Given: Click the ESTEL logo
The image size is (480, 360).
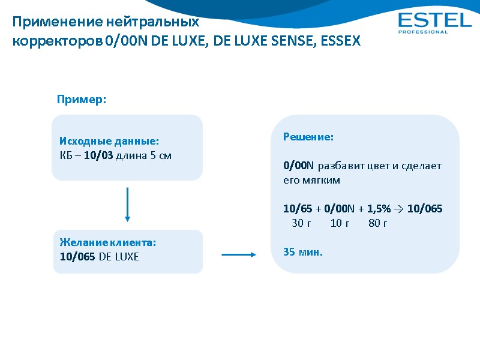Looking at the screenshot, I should [435, 20].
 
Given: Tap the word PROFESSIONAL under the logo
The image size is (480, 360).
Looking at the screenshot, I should [423, 32].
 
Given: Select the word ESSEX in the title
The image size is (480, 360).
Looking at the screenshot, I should [341, 42].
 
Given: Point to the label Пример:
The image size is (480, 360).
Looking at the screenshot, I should [82, 100].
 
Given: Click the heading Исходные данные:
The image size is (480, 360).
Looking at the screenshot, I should [109, 142].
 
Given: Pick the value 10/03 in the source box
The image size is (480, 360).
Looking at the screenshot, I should [98, 156].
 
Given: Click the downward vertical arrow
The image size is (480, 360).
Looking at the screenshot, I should [128, 204].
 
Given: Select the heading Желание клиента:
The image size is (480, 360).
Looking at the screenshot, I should [108, 242].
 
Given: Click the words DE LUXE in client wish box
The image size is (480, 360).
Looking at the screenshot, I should [119, 257].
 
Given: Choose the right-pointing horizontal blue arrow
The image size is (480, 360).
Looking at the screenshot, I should [239, 255].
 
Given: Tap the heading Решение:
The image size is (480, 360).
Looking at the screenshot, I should [308, 137].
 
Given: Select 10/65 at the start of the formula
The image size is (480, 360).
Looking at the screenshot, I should [297, 209].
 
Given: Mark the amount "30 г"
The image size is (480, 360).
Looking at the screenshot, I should [301, 223].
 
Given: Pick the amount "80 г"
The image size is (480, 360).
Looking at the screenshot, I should [378, 223].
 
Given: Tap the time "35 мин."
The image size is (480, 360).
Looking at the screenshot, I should [303, 252].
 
